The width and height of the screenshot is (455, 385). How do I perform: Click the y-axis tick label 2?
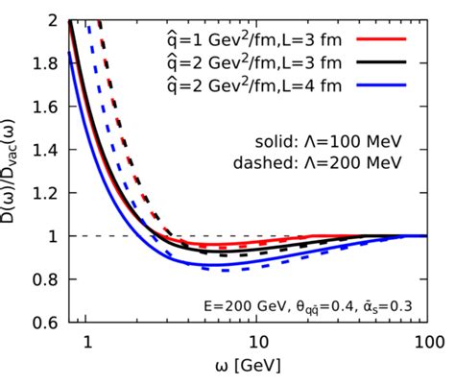tap(51, 20)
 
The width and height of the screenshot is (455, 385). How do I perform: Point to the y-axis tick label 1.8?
tap(44, 63)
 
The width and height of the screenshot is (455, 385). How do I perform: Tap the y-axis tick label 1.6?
tap(44, 107)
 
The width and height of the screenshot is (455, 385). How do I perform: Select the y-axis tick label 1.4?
tap(44, 150)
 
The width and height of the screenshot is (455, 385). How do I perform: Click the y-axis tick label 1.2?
tap(44, 193)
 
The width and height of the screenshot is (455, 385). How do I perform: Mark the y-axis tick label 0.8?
tap(44, 279)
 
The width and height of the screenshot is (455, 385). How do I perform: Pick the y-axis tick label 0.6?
tap(44, 323)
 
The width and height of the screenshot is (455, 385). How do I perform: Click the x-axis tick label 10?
tap(257, 341)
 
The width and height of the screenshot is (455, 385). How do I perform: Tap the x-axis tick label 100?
tap(427, 341)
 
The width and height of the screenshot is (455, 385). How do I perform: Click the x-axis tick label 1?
tap(86, 341)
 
